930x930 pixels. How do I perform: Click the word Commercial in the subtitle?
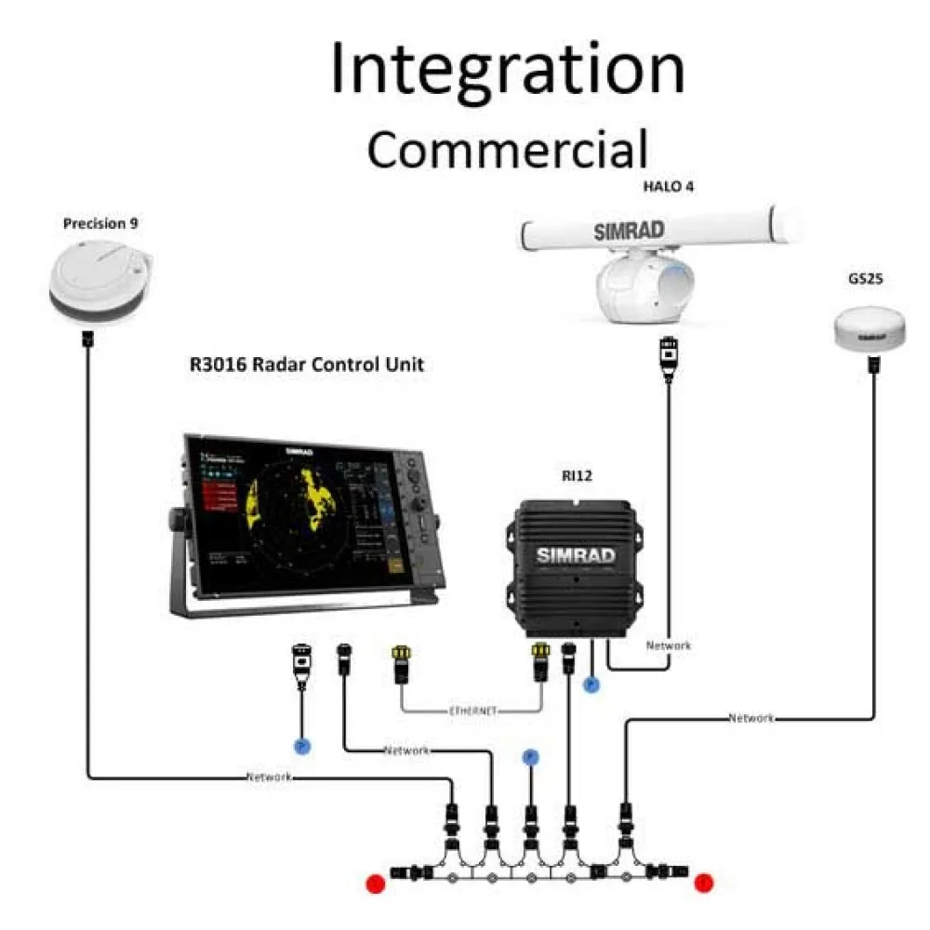point(507,150)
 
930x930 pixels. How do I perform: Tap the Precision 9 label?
point(101,224)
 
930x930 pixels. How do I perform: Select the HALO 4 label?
point(669,186)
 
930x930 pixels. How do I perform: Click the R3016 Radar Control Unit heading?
point(307,365)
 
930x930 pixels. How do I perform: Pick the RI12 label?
point(577,476)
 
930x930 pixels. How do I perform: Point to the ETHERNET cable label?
point(472,711)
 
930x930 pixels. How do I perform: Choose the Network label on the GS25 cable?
point(751,718)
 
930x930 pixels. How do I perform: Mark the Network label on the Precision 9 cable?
point(270,777)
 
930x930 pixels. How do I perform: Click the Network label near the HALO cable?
point(669,644)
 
